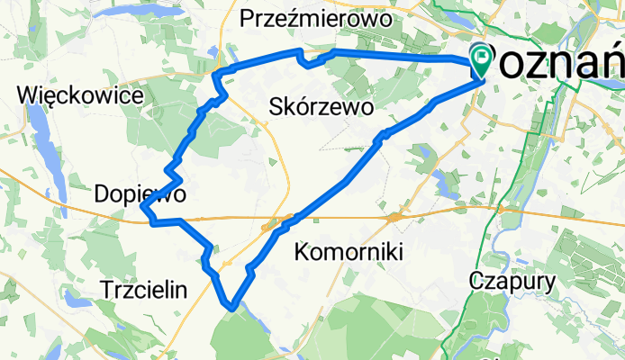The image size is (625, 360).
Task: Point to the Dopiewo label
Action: (140, 193)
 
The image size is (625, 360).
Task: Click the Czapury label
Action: (512, 280)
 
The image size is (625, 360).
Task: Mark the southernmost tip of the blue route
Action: (233, 307)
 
